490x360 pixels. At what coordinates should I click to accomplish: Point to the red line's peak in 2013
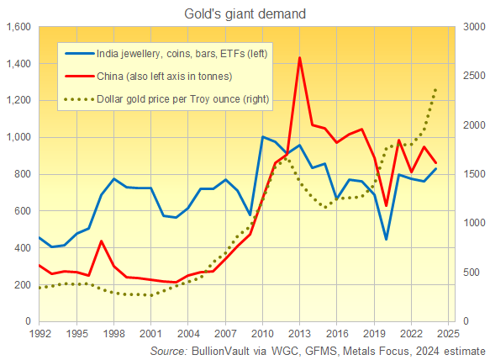coord(300,58)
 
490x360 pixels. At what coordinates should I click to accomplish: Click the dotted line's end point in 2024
coord(435,88)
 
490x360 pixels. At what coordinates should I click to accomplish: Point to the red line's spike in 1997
coord(101,241)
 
